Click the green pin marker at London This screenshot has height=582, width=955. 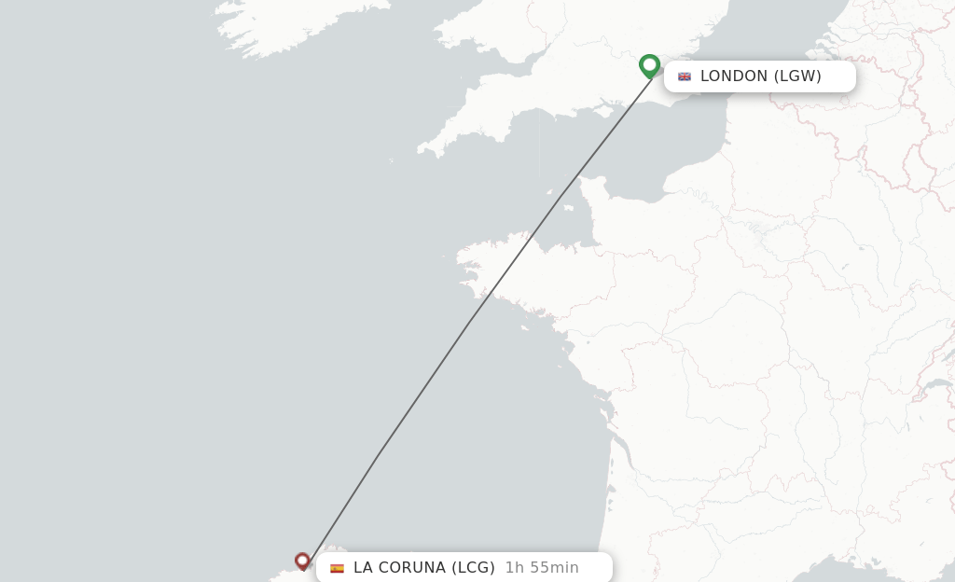(650, 65)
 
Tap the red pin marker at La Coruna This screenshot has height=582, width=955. (302, 560)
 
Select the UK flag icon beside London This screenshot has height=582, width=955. (685, 76)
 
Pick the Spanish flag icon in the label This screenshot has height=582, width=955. (337, 568)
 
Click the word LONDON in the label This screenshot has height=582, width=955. (734, 76)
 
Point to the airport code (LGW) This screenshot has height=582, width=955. (797, 76)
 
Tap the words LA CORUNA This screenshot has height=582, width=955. (399, 568)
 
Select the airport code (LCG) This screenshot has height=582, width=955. (473, 568)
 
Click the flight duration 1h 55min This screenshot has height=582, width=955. (542, 568)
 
